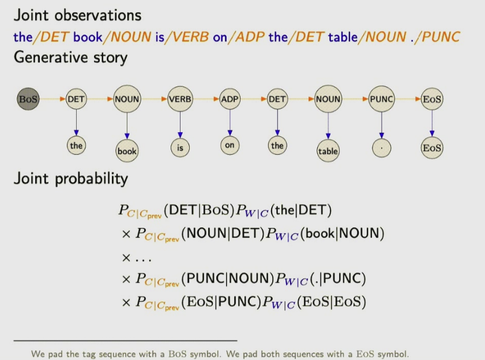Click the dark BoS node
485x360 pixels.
[x=28, y=99]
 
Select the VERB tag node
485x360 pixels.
[x=180, y=99]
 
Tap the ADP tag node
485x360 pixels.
[x=230, y=99]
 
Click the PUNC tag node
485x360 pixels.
[x=382, y=99]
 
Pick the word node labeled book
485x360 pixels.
[x=127, y=151]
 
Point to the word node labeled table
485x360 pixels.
[x=328, y=151]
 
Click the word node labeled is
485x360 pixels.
[x=180, y=148]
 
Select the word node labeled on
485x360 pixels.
[x=230, y=145]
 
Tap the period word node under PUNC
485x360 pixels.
[x=382, y=148]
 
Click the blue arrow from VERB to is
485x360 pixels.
[x=180, y=125]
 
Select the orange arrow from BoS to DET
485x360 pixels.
[x=52, y=99]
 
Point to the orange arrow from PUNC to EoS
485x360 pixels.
[x=408, y=99]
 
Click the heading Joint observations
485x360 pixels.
[x=77, y=15]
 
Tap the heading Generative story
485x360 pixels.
[x=70, y=58]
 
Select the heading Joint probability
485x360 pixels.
[x=71, y=179]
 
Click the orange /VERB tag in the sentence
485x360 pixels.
[x=187, y=37]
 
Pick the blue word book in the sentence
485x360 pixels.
[x=88, y=37]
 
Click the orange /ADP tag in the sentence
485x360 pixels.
[x=246, y=37]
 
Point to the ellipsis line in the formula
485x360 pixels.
[x=137, y=258]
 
